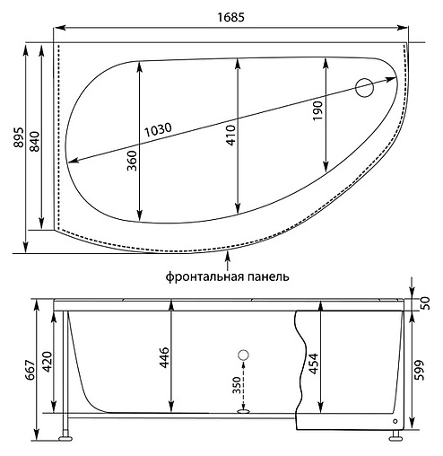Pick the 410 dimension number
point(230,135)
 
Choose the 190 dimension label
point(317,112)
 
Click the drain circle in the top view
point(365,88)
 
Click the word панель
point(267,277)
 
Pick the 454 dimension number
point(313,363)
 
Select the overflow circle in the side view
point(241,355)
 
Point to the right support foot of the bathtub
point(395,439)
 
